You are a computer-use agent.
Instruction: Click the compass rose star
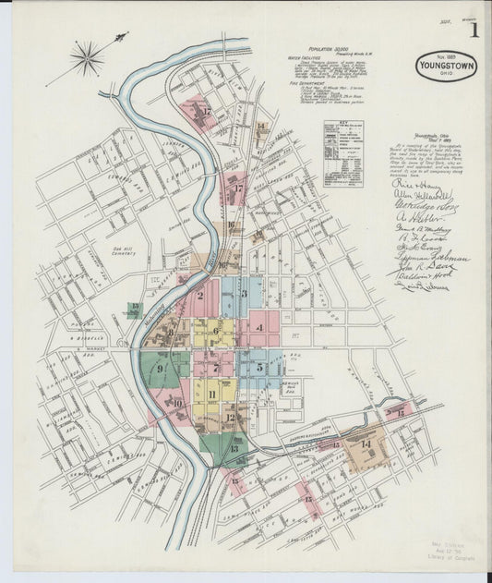[x=87, y=59]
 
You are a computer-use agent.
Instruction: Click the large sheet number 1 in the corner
[x=474, y=30]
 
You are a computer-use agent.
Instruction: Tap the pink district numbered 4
[x=262, y=327]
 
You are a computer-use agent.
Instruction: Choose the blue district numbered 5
[x=258, y=366]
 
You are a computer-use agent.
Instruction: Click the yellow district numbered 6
[x=216, y=330]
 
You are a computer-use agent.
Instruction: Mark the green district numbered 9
[x=162, y=369]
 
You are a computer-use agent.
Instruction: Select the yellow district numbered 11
[x=212, y=395]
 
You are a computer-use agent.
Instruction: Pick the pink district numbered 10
[x=176, y=403]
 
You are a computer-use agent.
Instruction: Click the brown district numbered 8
[x=171, y=332]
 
